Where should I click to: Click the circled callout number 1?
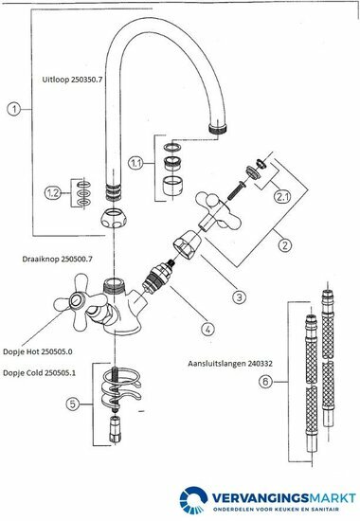14,109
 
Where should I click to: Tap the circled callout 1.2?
53,193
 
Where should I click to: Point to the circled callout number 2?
285,245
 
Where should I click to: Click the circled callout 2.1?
282,197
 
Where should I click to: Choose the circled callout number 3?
240,296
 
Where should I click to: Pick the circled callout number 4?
207,329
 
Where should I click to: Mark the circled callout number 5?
73,404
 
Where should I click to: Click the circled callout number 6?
265,382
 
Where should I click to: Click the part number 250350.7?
86,80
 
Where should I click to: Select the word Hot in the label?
33,351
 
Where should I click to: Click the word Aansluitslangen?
216,364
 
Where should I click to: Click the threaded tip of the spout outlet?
218,129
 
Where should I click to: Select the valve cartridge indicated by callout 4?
156,274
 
